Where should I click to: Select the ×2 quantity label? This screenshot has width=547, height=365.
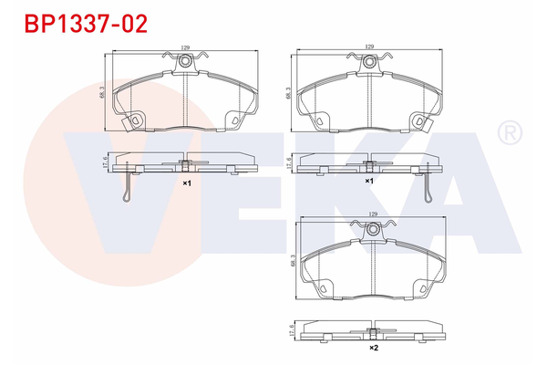click(373, 348)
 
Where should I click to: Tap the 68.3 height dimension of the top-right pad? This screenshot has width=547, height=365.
click(288, 93)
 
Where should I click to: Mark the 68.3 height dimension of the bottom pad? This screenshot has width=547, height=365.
click(289, 260)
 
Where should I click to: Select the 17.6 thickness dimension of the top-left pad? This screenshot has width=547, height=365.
click(107, 162)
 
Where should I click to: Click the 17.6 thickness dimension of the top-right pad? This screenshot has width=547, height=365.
click(290, 162)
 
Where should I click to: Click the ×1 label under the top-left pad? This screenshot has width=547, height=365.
click(186, 182)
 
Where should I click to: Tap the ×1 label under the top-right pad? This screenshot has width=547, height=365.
click(369, 182)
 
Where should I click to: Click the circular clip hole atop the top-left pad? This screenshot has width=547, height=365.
click(185, 61)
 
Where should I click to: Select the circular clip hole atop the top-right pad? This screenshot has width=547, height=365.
click(369, 61)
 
